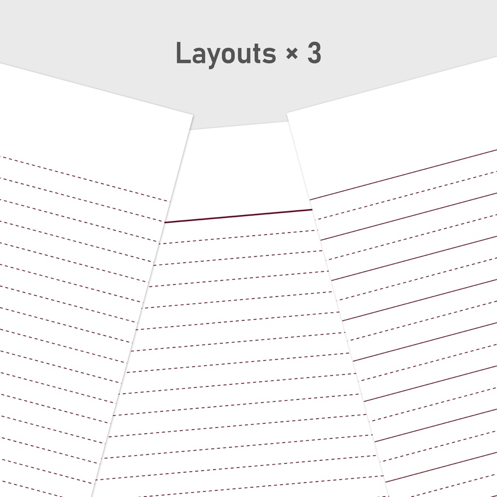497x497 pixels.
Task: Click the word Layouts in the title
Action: pos(226,53)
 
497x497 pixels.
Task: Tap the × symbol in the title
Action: pos(292,53)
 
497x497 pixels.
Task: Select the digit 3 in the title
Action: pos(315,52)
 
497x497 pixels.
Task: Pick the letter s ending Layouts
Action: pos(270,55)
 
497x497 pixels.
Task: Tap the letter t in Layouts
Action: pos(256,54)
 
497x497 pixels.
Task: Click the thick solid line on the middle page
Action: pos(238,216)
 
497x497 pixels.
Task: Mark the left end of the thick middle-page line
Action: pos(165,222)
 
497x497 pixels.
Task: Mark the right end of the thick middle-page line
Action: pos(312,210)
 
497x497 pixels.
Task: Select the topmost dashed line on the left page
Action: pos(85,179)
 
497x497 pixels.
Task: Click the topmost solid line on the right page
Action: pos(403,175)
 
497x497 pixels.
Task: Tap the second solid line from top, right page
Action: pos(409,216)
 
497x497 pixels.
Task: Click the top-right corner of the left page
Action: pos(193,115)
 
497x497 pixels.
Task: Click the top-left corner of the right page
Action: pos(287,113)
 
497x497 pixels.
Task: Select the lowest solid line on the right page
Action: pos(441,467)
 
